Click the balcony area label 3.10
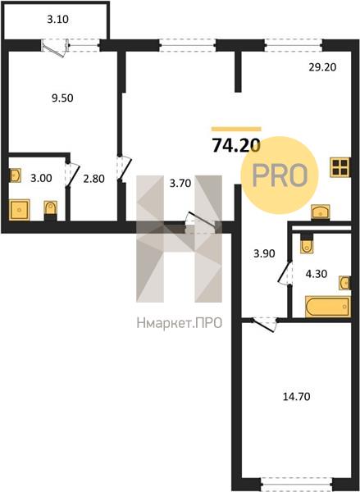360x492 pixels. click(x=57, y=20)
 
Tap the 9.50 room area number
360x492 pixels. click(x=62, y=98)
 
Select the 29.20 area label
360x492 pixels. click(x=322, y=67)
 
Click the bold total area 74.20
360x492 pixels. click(x=236, y=145)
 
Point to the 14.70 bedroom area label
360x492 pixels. click(x=297, y=397)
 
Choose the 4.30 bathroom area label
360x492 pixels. click(x=317, y=274)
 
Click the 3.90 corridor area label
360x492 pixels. click(x=264, y=253)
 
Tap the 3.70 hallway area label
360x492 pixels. click(x=180, y=183)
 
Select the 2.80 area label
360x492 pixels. click(x=93, y=179)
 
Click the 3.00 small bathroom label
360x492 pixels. click(x=41, y=178)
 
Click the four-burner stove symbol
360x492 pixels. click(x=340, y=167)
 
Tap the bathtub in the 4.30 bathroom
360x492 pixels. click(x=328, y=306)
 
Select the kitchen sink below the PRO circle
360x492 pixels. click(x=320, y=212)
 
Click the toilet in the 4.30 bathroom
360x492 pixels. click(x=307, y=244)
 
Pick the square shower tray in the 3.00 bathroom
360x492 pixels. click(x=20, y=209)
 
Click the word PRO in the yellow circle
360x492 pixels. click(x=280, y=175)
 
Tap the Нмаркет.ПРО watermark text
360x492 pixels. click(x=180, y=323)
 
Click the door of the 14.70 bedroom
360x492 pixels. click(x=264, y=325)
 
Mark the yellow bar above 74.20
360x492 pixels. click(x=236, y=129)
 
